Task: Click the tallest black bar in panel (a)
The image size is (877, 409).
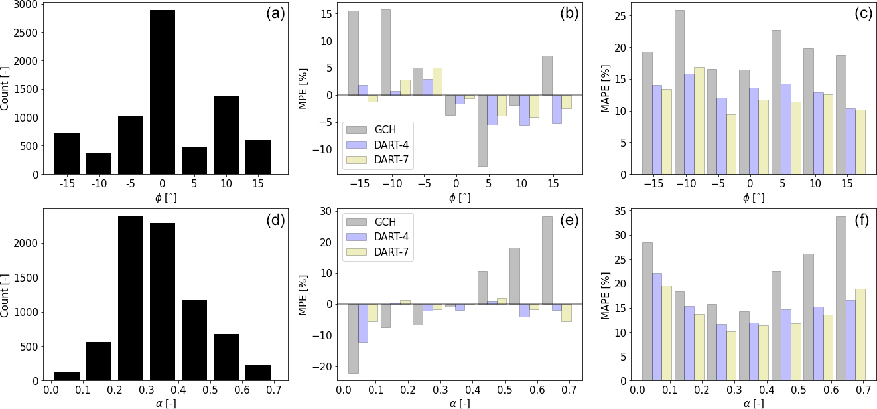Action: tap(163, 92)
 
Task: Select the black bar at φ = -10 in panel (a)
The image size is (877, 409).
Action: tap(99, 163)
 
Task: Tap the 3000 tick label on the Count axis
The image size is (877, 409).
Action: tap(25, 4)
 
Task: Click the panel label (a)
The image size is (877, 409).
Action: tap(273, 13)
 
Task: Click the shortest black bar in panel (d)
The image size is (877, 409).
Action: tap(67, 376)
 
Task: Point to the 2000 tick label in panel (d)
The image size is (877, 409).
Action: tap(25, 243)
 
